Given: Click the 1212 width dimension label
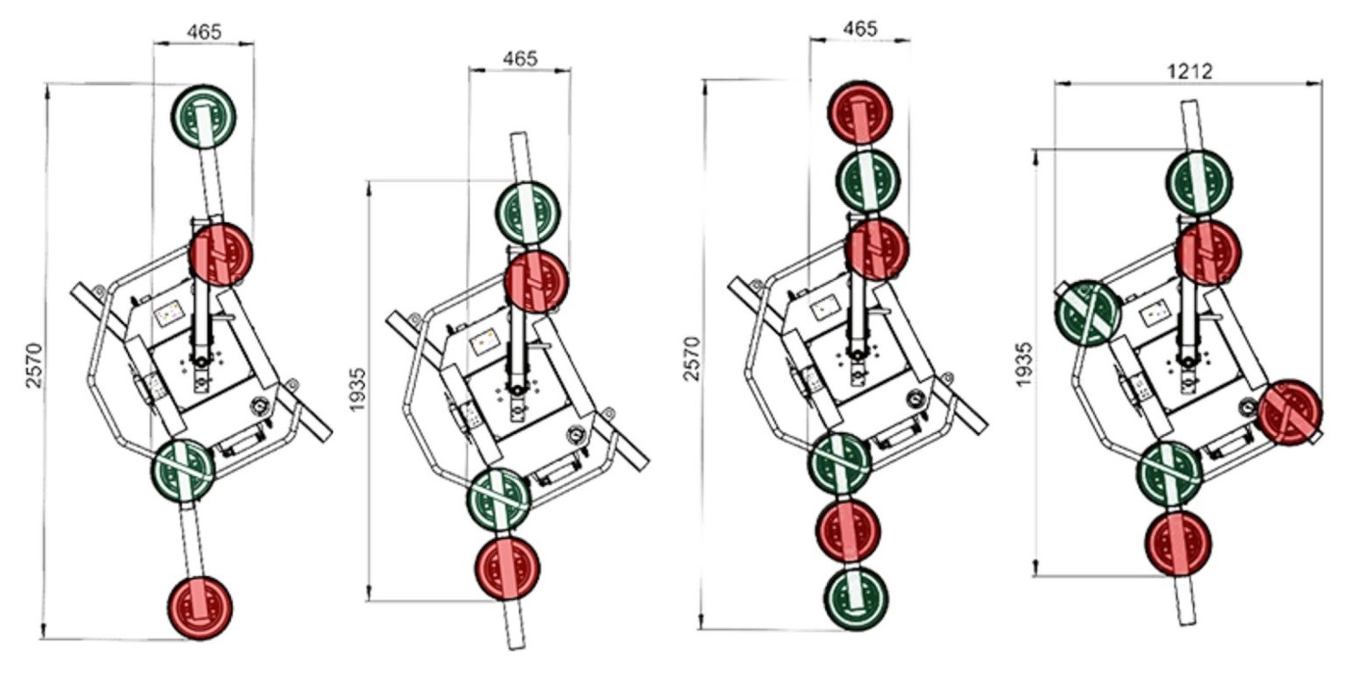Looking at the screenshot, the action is pyautogui.click(x=1189, y=71).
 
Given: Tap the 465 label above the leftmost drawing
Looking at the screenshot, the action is pyautogui.click(x=203, y=32).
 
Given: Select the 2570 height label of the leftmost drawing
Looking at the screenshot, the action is pyautogui.click(x=34, y=365).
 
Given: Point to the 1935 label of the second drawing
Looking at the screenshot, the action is pyautogui.click(x=358, y=390).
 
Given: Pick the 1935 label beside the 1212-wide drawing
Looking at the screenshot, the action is pyautogui.click(x=1024, y=364).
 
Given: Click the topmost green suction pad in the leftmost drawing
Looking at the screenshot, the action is pyautogui.click(x=203, y=116).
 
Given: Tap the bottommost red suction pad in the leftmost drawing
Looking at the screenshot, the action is pyautogui.click(x=200, y=607).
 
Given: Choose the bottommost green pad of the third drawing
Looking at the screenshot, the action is pyautogui.click(x=856, y=598).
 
